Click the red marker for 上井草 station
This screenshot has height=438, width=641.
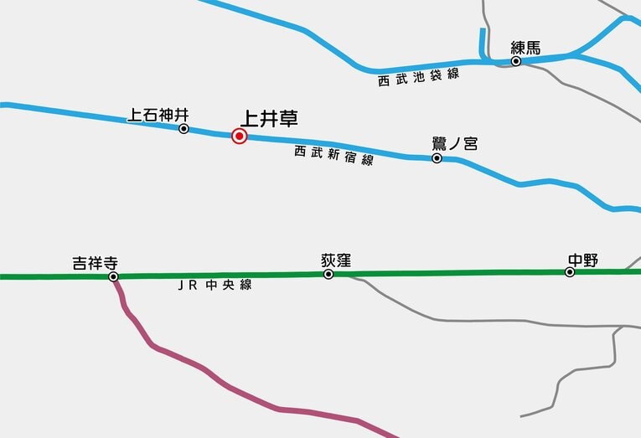239,136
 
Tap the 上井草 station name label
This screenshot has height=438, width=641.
269,119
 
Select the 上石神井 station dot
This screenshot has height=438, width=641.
184,129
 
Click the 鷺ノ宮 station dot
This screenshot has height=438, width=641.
437,157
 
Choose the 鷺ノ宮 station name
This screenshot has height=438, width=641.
454,143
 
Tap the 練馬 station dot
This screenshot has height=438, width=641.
516,61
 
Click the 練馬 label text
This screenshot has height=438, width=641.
526,47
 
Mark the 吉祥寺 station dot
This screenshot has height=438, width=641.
113,276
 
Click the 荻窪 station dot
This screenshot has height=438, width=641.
328,274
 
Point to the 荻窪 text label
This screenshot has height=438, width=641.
335,260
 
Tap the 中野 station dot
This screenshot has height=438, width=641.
570,272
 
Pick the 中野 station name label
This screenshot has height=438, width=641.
582,259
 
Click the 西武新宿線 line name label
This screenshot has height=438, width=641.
333,155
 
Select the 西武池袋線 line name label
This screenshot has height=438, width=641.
419,78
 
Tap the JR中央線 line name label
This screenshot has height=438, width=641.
215,285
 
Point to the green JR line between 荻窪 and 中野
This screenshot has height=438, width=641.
452,273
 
